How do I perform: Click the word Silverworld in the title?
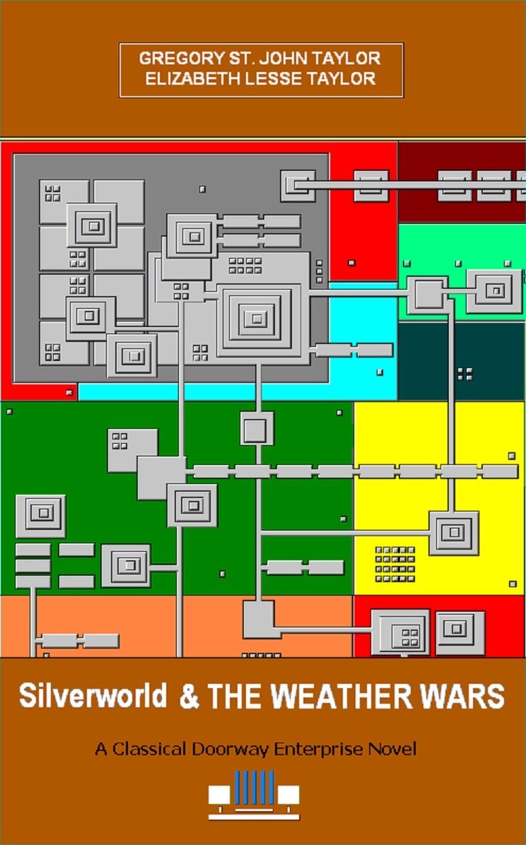(93, 696)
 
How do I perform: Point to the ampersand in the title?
(189, 696)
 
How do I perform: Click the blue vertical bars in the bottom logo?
(254, 787)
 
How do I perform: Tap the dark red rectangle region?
(461, 182)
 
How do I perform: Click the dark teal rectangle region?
(461, 361)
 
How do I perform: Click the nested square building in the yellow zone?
(454, 533)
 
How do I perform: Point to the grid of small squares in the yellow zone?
(395, 565)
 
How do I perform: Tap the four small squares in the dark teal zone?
(464, 374)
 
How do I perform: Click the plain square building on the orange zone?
(259, 619)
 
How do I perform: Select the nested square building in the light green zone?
(494, 292)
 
